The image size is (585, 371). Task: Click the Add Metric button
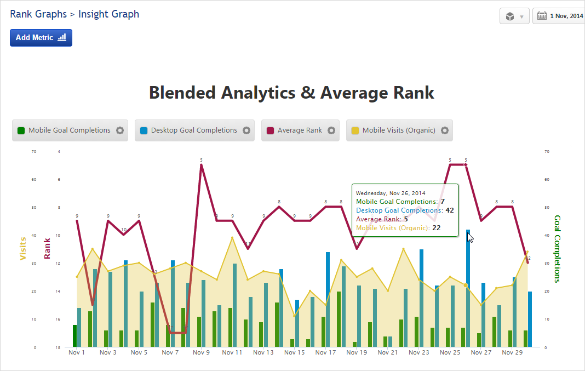41,38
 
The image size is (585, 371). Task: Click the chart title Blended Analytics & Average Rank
291,93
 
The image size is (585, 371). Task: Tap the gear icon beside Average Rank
331,130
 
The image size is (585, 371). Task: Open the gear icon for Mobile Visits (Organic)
445,130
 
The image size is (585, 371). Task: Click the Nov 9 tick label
201,353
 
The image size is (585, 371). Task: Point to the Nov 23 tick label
418,353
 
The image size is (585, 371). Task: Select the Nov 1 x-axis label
77,353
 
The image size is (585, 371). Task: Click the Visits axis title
23,248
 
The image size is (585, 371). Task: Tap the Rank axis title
48,248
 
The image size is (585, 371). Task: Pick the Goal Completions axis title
558,248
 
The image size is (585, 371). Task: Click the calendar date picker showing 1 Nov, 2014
559,16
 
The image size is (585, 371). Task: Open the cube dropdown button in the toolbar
514,16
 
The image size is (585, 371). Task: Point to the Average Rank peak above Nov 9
201,165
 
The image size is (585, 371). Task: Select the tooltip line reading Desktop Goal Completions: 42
404,210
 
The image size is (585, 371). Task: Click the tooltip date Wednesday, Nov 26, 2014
391,193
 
